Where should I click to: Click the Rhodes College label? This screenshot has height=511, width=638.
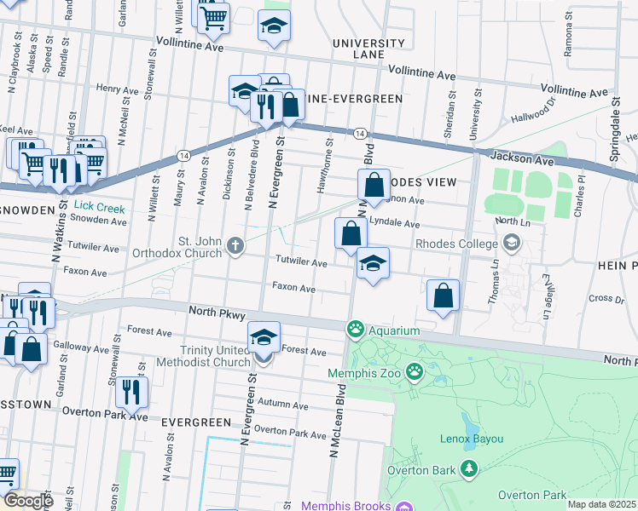point(456,244)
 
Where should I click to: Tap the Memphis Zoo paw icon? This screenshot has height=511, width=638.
point(415,371)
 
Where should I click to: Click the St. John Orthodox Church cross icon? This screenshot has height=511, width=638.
point(235,247)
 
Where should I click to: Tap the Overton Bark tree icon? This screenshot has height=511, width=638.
point(468,468)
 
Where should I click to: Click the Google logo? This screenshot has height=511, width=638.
point(28,500)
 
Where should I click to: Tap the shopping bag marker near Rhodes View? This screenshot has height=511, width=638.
point(374,183)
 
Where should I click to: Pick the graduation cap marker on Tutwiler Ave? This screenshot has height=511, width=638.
point(373,263)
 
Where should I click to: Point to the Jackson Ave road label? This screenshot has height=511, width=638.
point(519,158)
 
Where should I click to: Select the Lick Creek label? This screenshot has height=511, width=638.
point(99,207)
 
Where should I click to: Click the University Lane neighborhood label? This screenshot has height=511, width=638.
point(368,49)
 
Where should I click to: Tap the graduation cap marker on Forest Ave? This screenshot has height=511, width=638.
point(264,338)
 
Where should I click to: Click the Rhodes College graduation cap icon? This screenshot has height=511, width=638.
point(511,244)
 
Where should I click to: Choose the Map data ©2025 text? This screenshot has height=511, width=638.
point(602,504)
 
